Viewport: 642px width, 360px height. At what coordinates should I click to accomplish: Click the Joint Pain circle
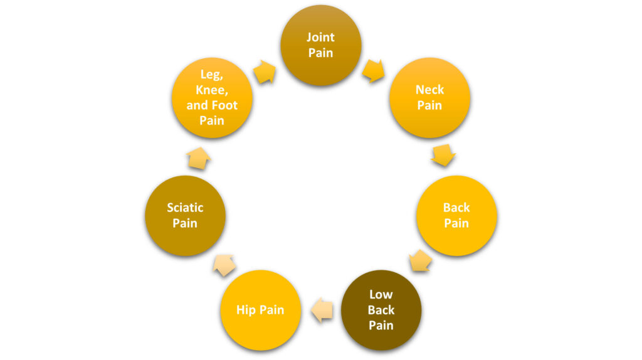(x=320, y=45)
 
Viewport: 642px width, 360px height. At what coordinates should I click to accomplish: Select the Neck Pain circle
(x=429, y=98)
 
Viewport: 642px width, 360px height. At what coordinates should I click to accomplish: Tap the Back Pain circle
(x=456, y=215)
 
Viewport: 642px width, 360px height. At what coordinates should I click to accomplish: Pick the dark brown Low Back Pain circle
(x=381, y=310)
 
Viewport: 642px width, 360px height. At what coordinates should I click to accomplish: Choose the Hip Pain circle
(x=260, y=310)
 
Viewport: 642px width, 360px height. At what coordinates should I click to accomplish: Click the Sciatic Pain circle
(x=185, y=215)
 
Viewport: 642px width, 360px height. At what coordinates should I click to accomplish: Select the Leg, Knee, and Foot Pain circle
(x=212, y=98)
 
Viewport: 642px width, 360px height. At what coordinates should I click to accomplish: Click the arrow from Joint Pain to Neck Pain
(x=374, y=70)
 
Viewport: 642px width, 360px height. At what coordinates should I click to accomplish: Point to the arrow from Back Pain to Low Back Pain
(x=419, y=260)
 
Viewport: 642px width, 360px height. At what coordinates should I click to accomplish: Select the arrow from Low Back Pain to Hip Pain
(x=322, y=310)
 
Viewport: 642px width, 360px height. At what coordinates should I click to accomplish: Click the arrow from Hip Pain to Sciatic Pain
(x=224, y=265)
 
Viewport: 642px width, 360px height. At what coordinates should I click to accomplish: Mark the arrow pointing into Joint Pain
(x=265, y=71)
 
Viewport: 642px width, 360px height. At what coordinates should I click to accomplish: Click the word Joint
(x=320, y=37)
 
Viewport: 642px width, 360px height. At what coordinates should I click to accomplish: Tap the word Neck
(x=429, y=90)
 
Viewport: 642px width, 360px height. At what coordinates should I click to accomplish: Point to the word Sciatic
(x=185, y=207)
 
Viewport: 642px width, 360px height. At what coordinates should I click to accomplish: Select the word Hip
(x=247, y=310)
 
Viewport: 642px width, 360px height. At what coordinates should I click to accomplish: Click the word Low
(x=381, y=294)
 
